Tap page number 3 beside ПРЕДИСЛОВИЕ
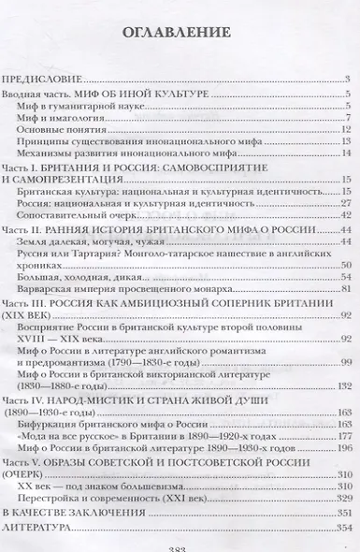pyautogui.click(x=347, y=82)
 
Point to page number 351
pyautogui.click(x=342, y=513)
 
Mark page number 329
pyautogui.click(x=342, y=495)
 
